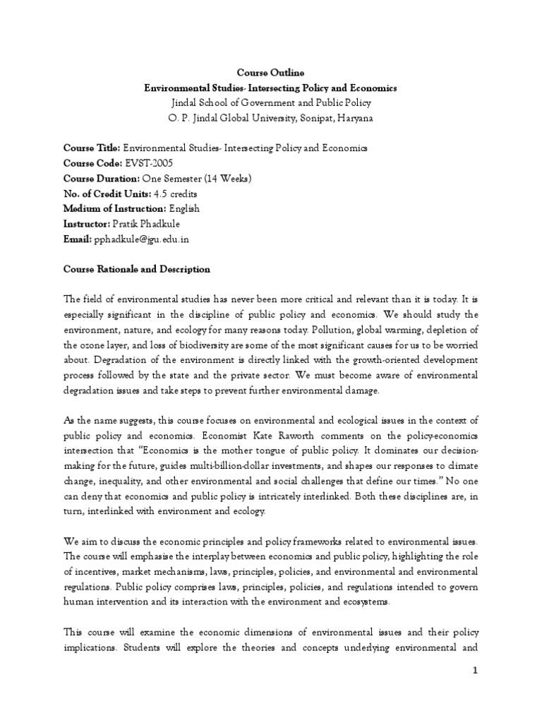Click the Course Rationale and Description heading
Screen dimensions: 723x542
[x=137, y=270]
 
